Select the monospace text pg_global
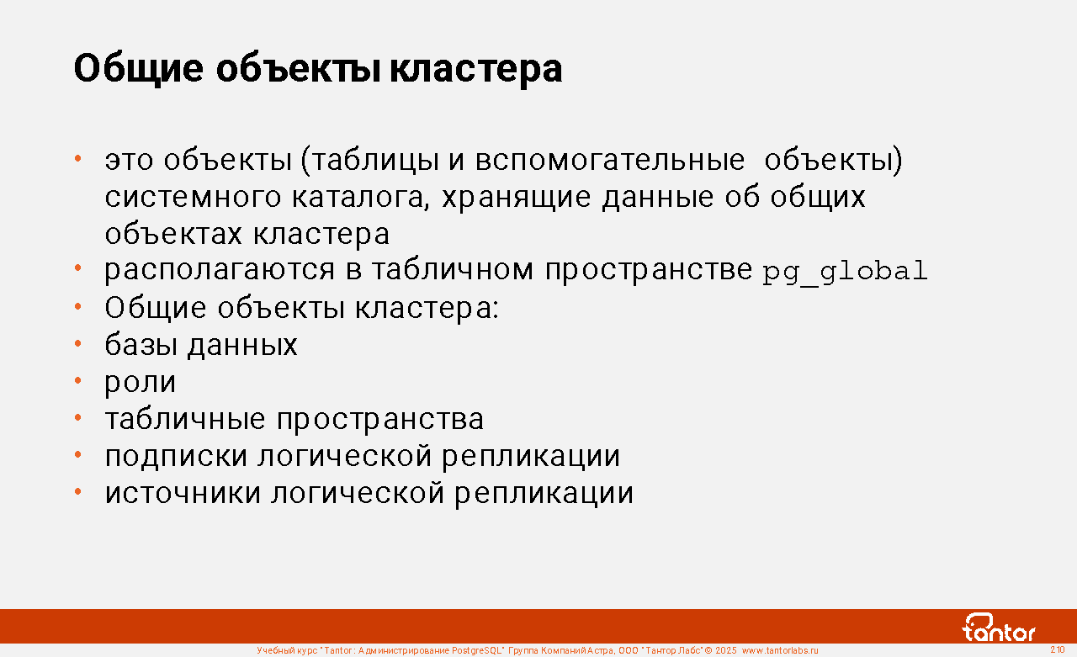[x=846, y=272]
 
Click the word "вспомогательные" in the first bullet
[x=610, y=160]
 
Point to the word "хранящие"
[x=517, y=198]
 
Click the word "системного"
[x=193, y=198]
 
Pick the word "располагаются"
[x=220, y=271]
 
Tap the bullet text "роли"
[x=141, y=383]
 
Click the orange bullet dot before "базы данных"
[x=78, y=343]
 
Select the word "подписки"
[x=176, y=457]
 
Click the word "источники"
[x=183, y=493]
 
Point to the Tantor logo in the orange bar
[x=999, y=628]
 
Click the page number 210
[x=1058, y=649]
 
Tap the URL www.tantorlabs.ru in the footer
[x=780, y=651]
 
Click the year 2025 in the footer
[x=726, y=651]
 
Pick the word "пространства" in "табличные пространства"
[x=380, y=420]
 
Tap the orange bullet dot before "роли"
[x=78, y=380]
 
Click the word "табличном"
[x=453, y=270]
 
